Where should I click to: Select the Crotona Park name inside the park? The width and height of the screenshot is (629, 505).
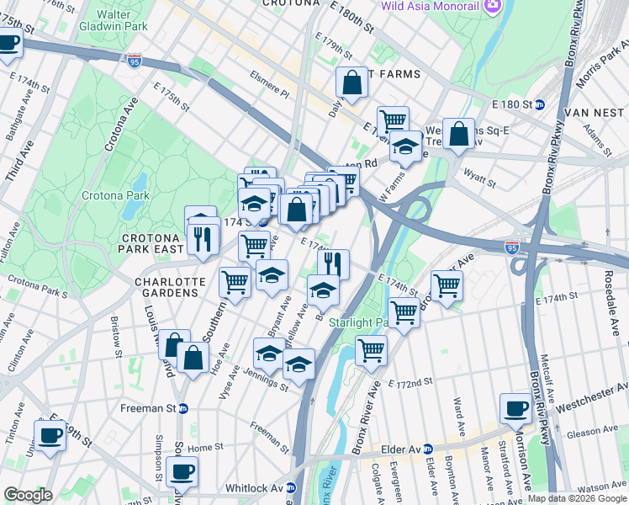[115, 195]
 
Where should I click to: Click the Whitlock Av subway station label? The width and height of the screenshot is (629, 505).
[259, 488]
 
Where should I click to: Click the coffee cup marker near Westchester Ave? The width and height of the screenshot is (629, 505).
[515, 408]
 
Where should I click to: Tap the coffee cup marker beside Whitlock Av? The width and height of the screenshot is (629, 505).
[182, 471]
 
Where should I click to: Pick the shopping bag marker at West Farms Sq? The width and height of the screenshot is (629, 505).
[459, 134]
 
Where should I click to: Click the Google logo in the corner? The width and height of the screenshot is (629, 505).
[29, 495]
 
